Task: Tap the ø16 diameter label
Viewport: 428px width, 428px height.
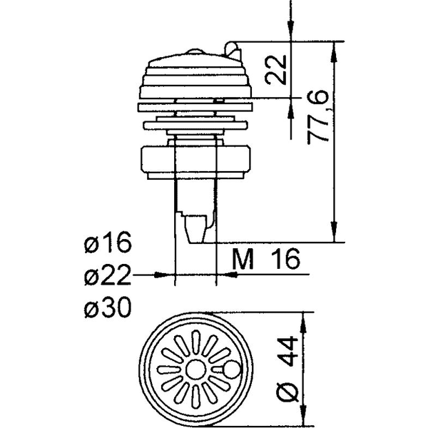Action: coord(106,245)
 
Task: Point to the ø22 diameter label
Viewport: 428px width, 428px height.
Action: coord(106,275)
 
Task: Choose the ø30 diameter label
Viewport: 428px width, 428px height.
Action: coord(106,309)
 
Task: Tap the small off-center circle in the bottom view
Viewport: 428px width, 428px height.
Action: coord(230,370)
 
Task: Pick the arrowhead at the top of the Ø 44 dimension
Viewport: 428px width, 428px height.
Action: coord(305,321)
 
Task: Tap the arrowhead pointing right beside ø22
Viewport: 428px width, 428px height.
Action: coord(168,274)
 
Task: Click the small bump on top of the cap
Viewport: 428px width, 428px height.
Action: coord(195,51)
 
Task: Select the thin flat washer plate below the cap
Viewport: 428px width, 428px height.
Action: coord(195,107)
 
